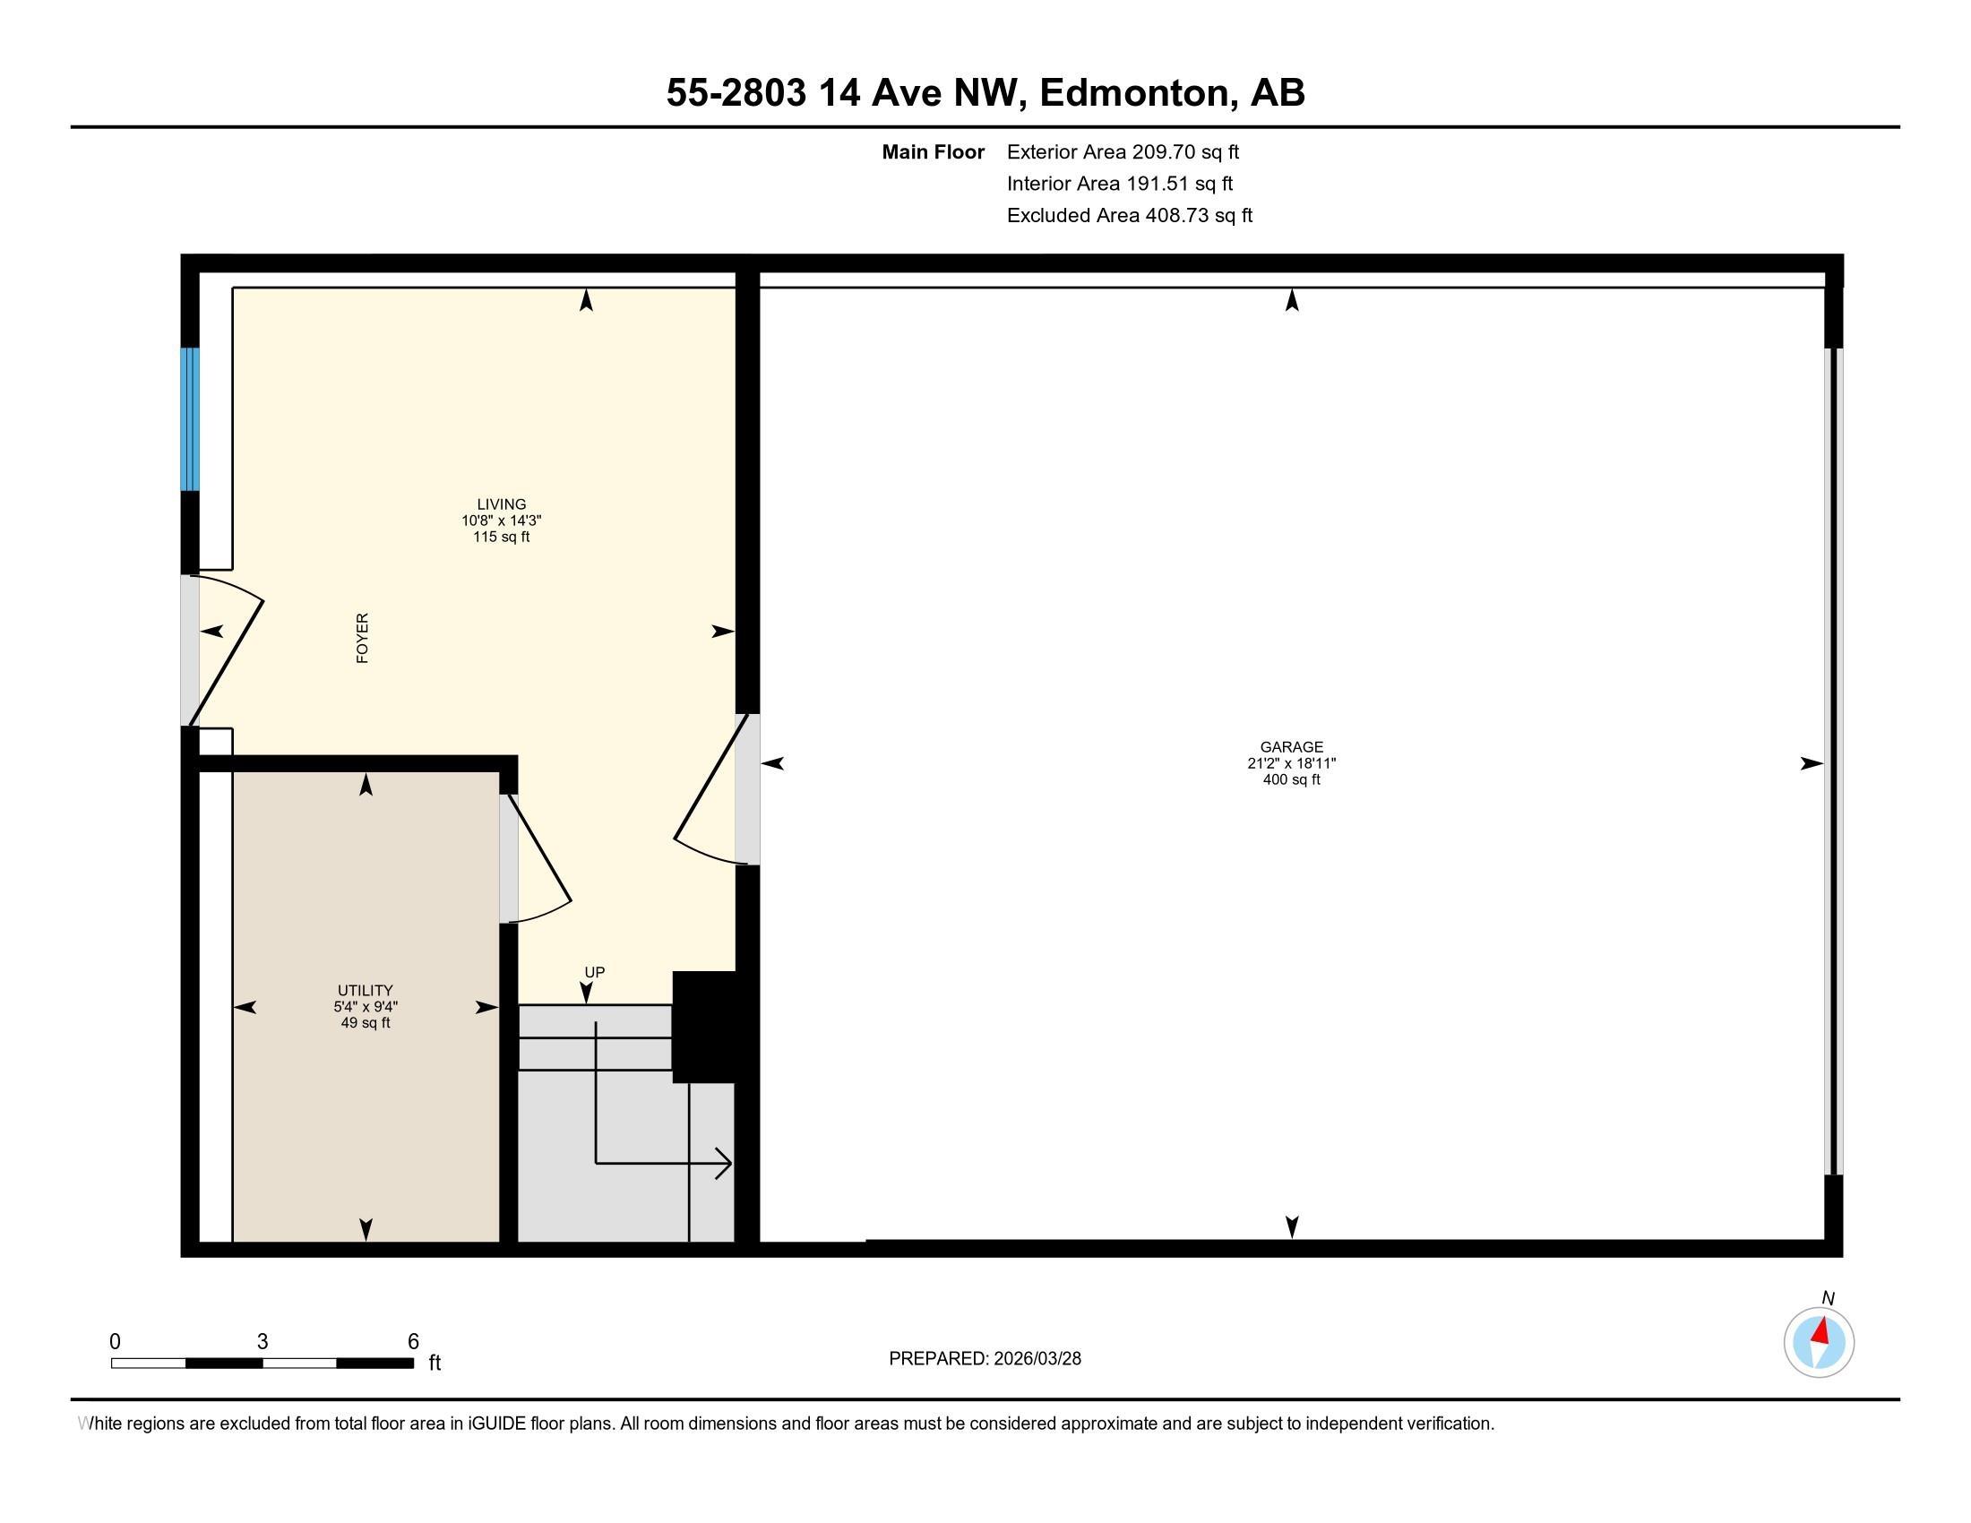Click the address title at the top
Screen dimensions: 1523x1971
tap(985, 93)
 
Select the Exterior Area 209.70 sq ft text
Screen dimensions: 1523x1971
tap(1123, 151)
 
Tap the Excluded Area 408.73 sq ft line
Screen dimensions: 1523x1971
tap(1129, 215)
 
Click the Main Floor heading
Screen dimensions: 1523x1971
tap(933, 151)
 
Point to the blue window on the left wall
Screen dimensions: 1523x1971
tap(190, 418)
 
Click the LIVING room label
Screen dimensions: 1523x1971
tap(501, 504)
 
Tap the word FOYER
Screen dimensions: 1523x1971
tap(363, 638)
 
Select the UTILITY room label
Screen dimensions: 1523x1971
tap(365, 990)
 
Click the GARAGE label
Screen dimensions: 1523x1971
tap(1290, 747)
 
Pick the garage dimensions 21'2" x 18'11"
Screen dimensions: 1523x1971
tap(1290, 763)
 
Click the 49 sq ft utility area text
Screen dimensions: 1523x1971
tap(365, 1022)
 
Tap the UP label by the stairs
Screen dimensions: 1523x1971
tap(594, 972)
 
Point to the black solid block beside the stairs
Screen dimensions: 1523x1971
tap(705, 1026)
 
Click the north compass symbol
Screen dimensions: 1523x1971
tap(1819, 1342)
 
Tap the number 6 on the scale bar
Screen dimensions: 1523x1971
tap(412, 1341)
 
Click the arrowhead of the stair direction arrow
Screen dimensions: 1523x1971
tap(725, 1163)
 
